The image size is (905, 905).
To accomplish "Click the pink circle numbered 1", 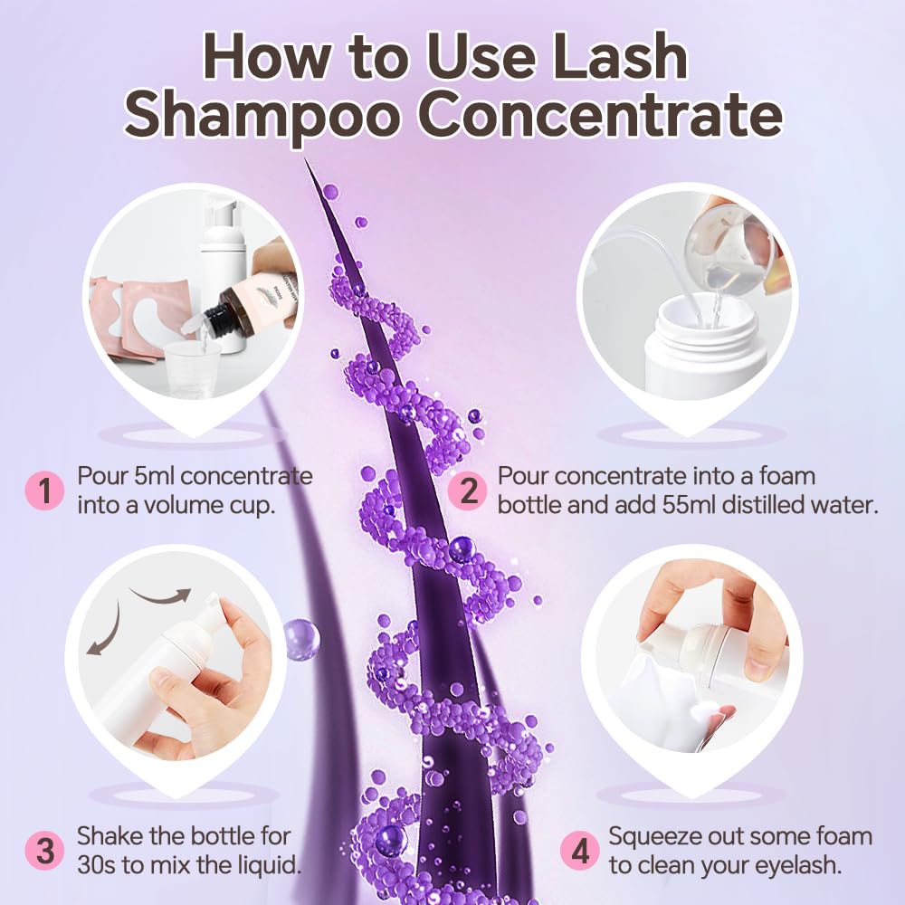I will tap(42, 491).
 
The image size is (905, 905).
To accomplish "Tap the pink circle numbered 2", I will tap(469, 491).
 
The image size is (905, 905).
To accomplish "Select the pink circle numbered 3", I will tap(43, 851).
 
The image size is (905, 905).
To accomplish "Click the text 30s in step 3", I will tap(97, 864).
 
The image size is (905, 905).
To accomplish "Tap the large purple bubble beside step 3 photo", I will tap(301, 639).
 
